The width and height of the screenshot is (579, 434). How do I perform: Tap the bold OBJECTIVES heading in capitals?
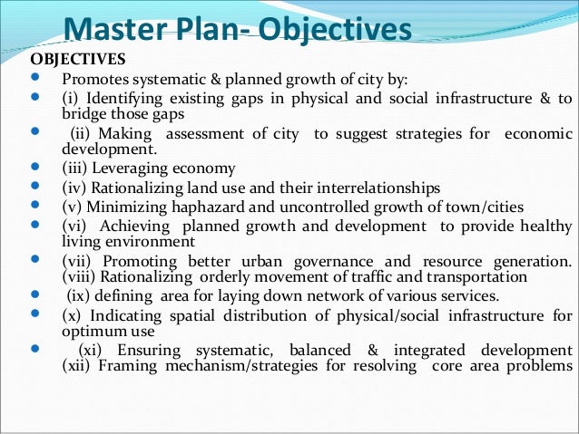[78, 61]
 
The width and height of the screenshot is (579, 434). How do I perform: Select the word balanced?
[319, 352]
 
